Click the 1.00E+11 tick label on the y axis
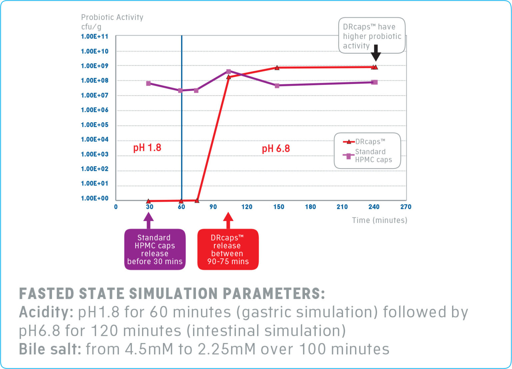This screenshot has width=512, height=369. coord(95,36)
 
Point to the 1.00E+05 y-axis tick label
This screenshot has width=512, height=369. coord(95,125)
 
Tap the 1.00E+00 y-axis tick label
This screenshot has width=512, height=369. coord(95,198)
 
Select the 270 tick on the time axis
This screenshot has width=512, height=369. coord(406,207)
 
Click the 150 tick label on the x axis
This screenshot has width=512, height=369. coord(279,207)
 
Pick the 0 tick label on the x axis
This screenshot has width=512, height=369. coord(116,207)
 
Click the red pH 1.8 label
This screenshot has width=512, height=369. coord(147,148)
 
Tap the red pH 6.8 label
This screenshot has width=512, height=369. coord(276,149)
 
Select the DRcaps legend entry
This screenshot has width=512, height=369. coord(365,142)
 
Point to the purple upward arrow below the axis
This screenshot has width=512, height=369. coord(148,220)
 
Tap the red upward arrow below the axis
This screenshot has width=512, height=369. coord(228,220)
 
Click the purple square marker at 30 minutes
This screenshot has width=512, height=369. coord(148,83)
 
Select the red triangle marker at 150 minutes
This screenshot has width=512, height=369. coord(277,68)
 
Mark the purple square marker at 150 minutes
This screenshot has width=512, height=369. coord(277,86)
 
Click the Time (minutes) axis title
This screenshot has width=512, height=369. coord(379,220)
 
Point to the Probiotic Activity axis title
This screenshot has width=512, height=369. coord(112,17)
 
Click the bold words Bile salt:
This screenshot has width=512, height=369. coord(50,349)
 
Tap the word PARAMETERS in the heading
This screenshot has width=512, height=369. coord(273,294)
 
